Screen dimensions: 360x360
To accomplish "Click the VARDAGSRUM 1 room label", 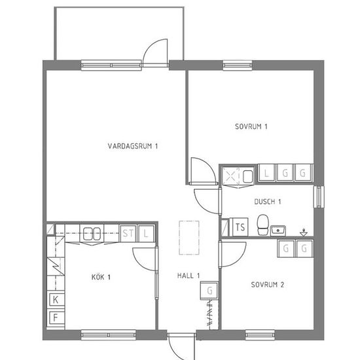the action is (133, 146).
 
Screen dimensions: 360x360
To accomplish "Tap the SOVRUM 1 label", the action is (251, 126).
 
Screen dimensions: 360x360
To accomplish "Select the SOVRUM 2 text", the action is (268, 285).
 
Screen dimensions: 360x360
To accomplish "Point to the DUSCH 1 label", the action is (268, 202).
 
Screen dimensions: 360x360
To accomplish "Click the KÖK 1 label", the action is (101, 277).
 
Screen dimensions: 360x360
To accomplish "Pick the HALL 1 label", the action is (189, 276).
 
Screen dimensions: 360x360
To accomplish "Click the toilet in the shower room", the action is (262, 225).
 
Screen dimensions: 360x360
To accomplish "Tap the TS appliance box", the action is (240, 227).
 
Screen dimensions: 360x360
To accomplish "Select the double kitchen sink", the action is (92, 234).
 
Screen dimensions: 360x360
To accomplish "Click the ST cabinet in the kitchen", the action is (128, 234).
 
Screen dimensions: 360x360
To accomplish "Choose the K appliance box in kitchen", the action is (56, 299).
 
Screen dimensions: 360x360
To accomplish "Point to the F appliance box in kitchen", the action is (56, 317).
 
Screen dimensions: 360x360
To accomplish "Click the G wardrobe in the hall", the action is (209, 291).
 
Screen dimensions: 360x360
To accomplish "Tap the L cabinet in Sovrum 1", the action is (266, 173).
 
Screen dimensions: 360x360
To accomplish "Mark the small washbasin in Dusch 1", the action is (278, 230).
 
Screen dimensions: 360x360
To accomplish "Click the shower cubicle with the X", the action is (231, 177).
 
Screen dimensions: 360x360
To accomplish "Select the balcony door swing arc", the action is (152, 46).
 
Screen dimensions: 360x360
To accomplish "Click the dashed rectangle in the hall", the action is (189, 238).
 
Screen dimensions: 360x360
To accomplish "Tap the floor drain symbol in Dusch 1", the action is (304, 232).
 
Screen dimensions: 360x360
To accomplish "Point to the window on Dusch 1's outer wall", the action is (319, 197).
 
